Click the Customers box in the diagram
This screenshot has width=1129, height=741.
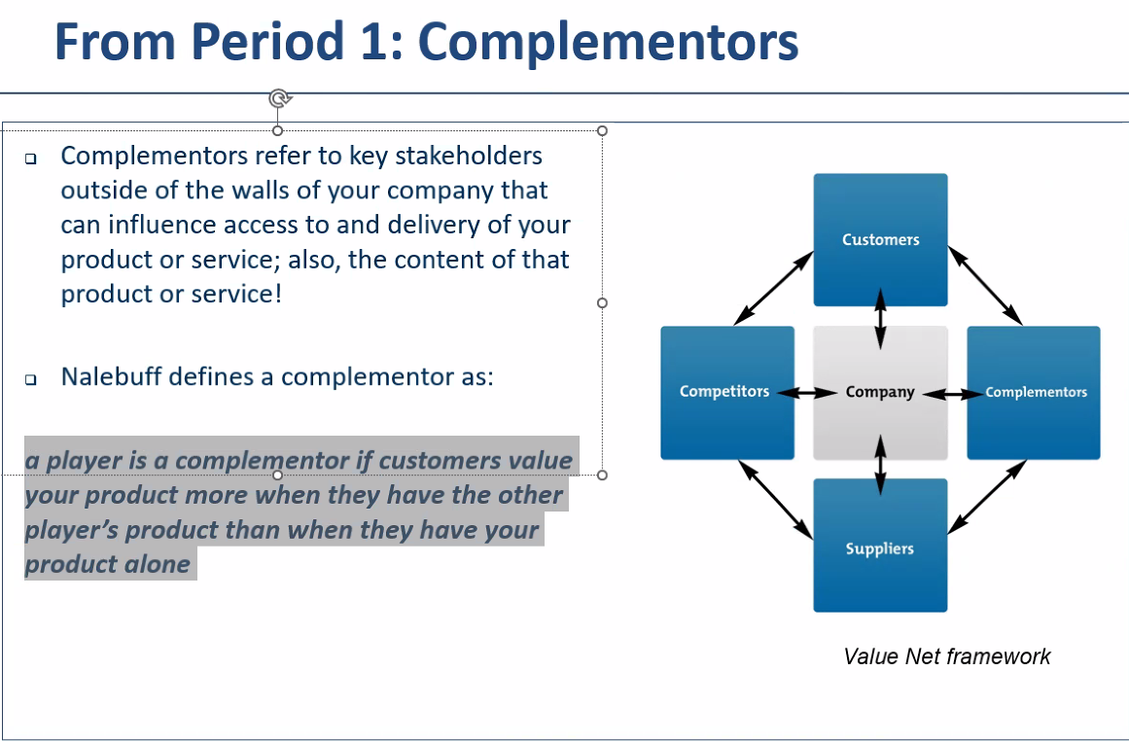tap(880, 239)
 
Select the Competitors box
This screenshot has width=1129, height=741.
tap(726, 392)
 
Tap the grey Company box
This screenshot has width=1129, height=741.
tap(880, 392)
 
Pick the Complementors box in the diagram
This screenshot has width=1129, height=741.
tap(1034, 392)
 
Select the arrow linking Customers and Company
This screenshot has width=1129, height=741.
tap(880, 317)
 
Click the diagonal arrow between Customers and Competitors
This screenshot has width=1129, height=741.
tap(774, 287)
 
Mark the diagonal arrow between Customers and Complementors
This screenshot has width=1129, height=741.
tap(985, 285)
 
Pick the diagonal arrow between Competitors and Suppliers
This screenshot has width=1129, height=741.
tap(776, 498)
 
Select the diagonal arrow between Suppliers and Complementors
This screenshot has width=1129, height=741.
tap(986, 496)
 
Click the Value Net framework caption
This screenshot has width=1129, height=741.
tap(946, 656)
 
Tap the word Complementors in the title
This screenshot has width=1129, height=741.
tap(610, 42)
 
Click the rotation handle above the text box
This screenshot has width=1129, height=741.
tap(278, 97)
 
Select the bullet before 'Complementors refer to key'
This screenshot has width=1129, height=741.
tap(32, 159)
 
